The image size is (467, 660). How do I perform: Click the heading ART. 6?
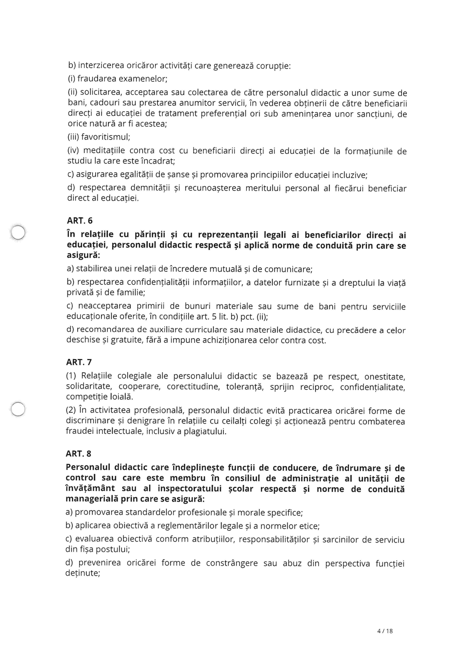click(79, 221)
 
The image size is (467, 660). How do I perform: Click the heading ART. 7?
click(79, 362)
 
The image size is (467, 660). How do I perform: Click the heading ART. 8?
click(78, 454)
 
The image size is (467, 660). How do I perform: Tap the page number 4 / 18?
click(385, 631)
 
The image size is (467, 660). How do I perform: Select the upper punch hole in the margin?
click(18, 232)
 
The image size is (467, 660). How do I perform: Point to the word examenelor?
click(143, 79)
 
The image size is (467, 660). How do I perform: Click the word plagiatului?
click(205, 432)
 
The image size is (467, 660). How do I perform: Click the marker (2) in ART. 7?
click(71, 411)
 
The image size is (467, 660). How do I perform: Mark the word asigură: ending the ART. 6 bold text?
click(83, 255)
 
